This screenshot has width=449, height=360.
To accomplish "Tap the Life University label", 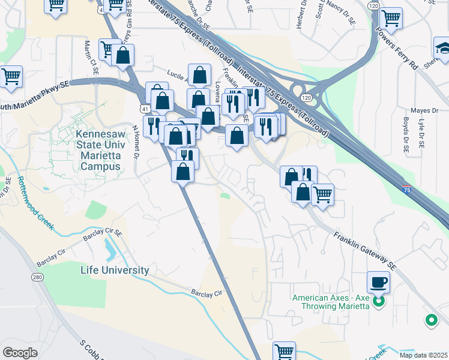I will click(x=115, y=270).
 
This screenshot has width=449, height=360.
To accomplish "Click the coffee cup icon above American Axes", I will click(x=378, y=281).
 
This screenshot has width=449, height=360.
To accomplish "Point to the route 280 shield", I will click(x=38, y=277).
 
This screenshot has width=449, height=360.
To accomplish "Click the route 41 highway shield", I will click(x=146, y=108).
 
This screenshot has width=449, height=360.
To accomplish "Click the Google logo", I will click(x=20, y=352).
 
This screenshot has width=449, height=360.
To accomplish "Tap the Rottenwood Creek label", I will click(x=35, y=202).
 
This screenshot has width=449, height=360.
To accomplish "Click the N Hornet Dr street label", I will click(x=136, y=145).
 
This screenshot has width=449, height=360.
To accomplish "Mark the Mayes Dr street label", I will click(x=425, y=110).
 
